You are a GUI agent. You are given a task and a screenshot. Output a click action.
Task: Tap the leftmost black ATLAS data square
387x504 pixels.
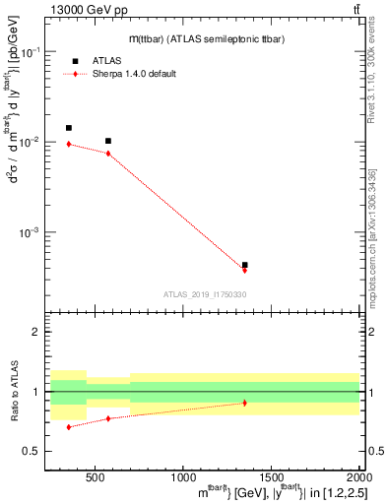point(68,128)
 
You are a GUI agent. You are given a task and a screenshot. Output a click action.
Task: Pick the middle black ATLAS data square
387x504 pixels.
point(108,141)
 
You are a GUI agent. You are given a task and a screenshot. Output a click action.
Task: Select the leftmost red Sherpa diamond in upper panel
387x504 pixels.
point(68,144)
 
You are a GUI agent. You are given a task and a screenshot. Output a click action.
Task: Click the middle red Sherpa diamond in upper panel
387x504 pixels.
point(108,153)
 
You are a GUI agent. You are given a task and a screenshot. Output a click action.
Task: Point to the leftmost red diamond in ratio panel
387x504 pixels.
point(68,427)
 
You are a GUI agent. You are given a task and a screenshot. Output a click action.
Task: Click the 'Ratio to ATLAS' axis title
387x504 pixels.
point(14,393)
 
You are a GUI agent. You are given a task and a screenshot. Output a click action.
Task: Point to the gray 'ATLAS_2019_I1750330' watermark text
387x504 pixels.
point(205,294)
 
